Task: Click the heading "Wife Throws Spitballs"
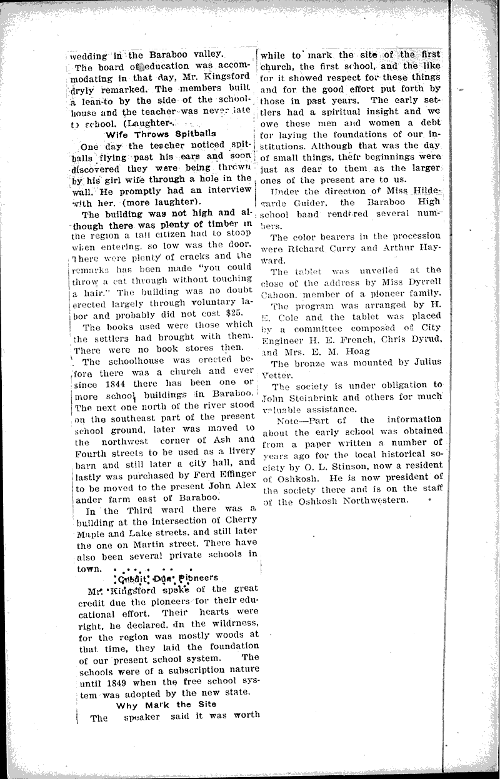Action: (x=161, y=133)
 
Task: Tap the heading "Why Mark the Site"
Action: (x=166, y=704)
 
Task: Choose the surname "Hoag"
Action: (x=361, y=350)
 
